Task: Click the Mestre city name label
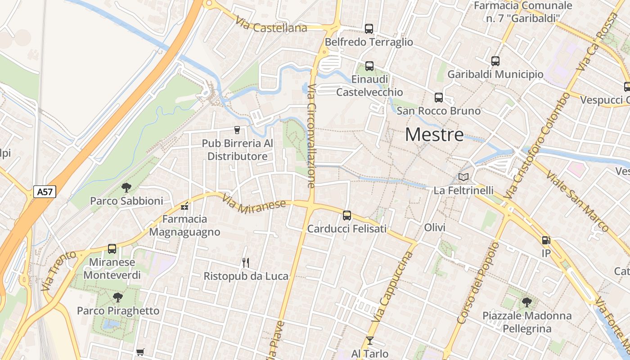(434, 135)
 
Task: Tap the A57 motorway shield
(45, 192)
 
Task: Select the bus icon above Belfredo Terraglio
(369, 29)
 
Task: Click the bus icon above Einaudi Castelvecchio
(369, 66)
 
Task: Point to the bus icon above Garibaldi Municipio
(495, 61)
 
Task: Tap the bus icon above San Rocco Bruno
(439, 98)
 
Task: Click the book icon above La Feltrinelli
(463, 177)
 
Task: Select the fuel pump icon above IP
(546, 241)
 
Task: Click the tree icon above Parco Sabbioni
(126, 188)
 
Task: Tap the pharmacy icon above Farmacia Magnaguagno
(184, 207)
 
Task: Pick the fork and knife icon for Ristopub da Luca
(246, 263)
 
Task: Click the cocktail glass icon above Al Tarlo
(370, 341)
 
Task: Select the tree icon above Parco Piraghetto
(118, 297)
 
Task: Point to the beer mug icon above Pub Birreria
(237, 130)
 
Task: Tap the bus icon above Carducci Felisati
(347, 216)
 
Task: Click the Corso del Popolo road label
(477, 283)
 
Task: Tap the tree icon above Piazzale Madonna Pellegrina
(527, 302)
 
